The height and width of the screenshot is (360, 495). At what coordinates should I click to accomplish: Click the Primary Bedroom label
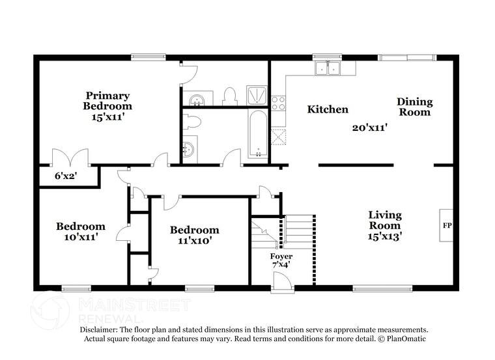(x=107, y=101)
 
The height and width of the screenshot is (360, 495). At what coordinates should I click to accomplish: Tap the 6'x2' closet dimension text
(x=66, y=176)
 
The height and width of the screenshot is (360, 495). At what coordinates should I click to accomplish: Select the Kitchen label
(x=328, y=109)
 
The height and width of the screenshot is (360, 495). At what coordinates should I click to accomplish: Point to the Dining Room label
(x=414, y=107)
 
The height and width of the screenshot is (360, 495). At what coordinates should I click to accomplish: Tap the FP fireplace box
(x=447, y=225)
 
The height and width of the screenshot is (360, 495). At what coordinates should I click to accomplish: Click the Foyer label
(x=281, y=256)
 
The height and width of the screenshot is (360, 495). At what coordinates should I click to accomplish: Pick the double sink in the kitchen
(x=328, y=68)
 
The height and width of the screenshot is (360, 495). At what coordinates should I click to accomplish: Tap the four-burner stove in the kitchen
(x=278, y=103)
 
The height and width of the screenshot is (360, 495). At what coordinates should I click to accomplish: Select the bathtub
(x=258, y=133)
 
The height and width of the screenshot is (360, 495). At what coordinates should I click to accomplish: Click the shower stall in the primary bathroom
(x=256, y=95)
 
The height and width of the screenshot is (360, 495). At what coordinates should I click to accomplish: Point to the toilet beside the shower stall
(x=229, y=97)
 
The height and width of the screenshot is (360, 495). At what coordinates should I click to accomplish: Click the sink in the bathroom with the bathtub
(x=188, y=150)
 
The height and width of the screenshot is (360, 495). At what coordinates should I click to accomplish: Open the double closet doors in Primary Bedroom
(x=70, y=157)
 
